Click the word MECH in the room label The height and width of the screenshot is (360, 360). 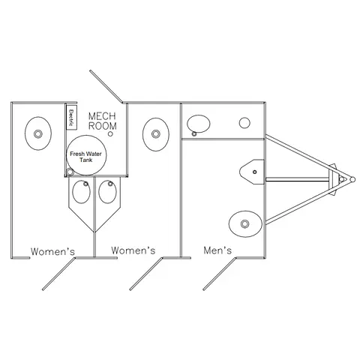coord(102,116)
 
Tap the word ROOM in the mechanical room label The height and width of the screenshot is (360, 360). coord(103,126)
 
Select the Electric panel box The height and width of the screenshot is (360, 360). coord(71,117)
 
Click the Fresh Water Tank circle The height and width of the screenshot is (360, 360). coord(86,155)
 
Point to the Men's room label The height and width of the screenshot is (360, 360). coord(217,250)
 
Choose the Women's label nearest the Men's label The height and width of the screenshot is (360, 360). coord(133,250)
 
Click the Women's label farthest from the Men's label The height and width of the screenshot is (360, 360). coord(52,251)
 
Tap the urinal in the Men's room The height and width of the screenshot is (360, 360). coord(252,172)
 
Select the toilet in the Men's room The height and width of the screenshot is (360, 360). coord(245,223)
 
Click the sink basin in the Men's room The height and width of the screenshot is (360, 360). coord(199,124)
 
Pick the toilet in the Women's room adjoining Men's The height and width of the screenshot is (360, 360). coord(156,134)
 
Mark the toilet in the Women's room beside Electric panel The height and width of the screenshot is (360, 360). coord(38,133)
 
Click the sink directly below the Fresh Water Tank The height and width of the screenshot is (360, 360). coord(82,192)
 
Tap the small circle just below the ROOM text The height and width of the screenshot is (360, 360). coord(110,134)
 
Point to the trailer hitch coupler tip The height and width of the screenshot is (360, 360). coord(352,179)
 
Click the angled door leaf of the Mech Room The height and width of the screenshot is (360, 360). coord(106,86)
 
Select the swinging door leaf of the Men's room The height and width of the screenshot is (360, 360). coord(220,274)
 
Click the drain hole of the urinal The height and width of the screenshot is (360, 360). coord(255,172)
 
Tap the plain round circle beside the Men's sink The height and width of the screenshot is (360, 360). coord(244,123)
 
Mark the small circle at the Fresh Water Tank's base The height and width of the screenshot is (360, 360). coord(70,172)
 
